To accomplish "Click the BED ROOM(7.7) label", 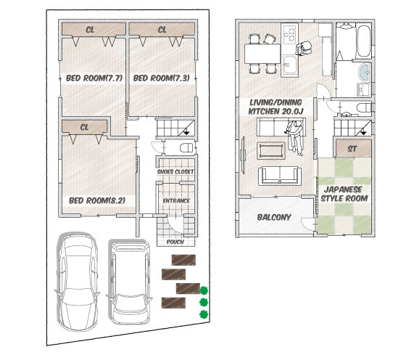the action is point(94,78).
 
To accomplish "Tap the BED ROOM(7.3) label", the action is point(162,78).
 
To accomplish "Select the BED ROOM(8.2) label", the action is point(97,200).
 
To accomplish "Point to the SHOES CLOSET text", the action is point(175,172).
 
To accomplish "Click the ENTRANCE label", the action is point(176,201).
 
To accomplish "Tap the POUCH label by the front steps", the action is point(175,242).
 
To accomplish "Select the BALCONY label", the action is point(274,217).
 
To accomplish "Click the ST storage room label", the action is point(352,149).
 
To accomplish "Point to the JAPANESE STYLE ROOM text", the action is point(344,194).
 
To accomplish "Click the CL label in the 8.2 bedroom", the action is point(84,128).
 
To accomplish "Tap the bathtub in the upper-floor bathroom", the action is point(363,41).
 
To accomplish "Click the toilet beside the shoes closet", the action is point(186,148).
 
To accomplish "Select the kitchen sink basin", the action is point(289,65).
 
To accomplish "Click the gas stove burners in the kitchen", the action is point(289,34).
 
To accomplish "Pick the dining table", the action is point(262,54).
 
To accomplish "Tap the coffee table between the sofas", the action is point(272,151).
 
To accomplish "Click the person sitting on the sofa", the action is point(294,137).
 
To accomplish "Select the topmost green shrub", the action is point(204,290).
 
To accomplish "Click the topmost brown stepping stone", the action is point(183,260).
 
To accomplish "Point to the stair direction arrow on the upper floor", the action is point(363,132).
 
